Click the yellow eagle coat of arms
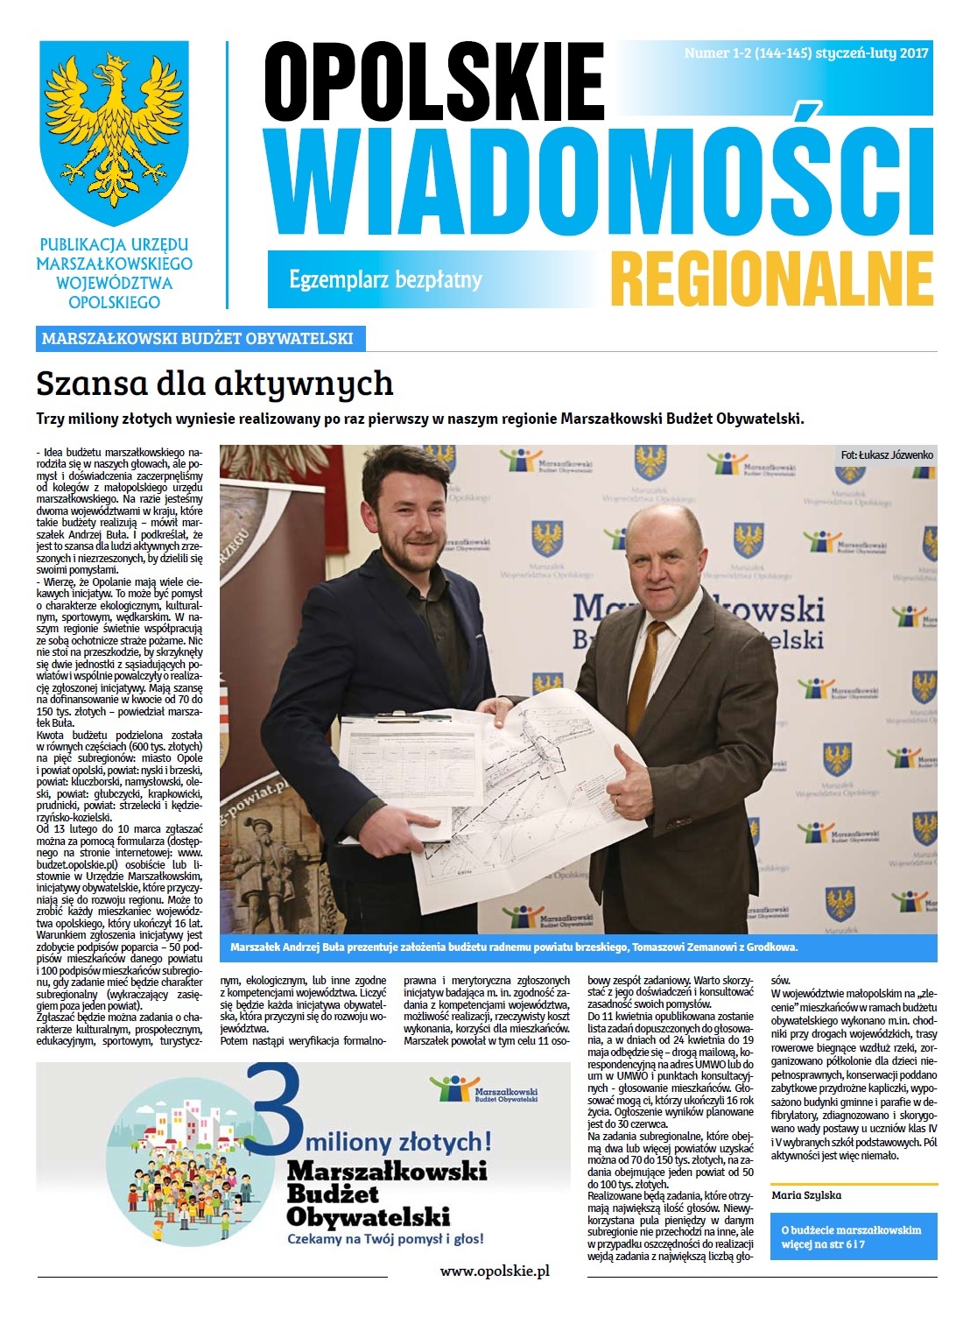(115, 131)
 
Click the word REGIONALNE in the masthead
(771, 277)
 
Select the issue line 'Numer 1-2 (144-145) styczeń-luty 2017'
(805, 53)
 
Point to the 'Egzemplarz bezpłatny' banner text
(385, 280)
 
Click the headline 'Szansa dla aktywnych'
(214, 384)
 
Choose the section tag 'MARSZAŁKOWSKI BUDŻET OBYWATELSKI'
(198, 338)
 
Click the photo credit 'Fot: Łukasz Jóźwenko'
(886, 455)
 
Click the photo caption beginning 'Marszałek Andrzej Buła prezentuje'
(514, 947)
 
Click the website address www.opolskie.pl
(494, 1271)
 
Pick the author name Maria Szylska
(806, 1194)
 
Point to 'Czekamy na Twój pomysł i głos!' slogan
(385, 1239)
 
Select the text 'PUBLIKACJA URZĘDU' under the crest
(114, 245)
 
